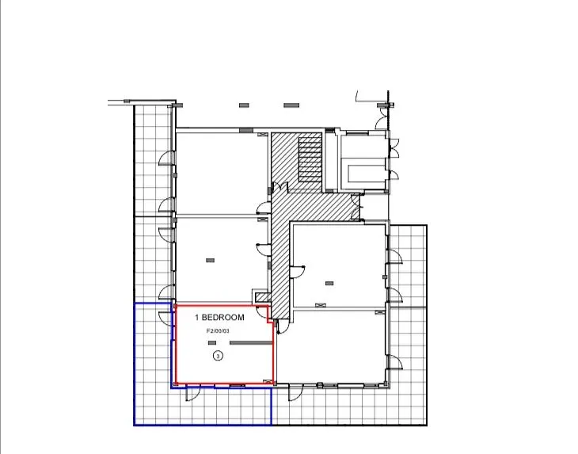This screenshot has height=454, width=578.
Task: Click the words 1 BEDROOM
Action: (219, 317)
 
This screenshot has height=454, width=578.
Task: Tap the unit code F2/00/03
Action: (218, 331)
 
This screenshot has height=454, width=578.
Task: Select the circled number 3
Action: (219, 356)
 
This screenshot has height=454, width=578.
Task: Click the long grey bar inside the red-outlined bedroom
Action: (251, 342)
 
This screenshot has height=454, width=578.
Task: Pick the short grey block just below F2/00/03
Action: (212, 342)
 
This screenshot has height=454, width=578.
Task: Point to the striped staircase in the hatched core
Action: (310, 160)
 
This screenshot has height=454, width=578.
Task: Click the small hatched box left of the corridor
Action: (263, 296)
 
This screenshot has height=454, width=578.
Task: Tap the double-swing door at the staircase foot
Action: (279, 186)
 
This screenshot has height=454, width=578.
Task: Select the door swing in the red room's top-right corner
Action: (262, 313)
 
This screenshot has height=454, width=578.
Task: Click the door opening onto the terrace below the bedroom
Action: (192, 393)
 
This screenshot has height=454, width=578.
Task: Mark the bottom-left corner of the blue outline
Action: (134, 425)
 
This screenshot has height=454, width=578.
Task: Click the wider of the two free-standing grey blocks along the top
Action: (291, 105)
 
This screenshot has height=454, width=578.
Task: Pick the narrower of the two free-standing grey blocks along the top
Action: (244, 105)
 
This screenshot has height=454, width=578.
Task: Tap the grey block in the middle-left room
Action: (210, 261)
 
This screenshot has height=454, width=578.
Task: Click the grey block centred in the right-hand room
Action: (329, 283)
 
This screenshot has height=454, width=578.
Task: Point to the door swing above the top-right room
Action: (382, 118)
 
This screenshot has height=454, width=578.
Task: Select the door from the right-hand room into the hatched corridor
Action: (297, 272)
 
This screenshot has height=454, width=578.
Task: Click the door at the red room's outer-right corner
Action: (279, 326)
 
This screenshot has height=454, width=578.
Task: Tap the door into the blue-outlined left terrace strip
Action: (165, 317)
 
